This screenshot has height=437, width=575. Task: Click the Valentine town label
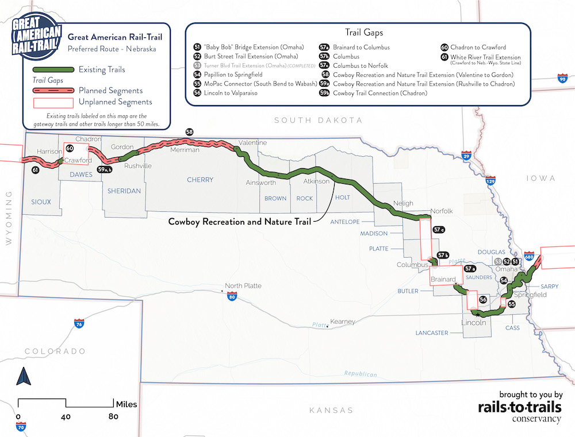click(252, 142)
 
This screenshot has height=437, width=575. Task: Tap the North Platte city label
click(243, 286)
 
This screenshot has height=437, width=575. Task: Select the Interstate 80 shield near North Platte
click(232, 297)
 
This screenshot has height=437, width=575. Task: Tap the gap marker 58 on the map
click(189, 132)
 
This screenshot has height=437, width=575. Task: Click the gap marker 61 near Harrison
click(36, 171)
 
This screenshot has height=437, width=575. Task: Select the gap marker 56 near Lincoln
click(483, 300)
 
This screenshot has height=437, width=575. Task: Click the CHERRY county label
click(200, 180)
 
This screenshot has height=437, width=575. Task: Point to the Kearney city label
click(343, 322)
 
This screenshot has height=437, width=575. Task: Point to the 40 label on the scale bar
click(66, 416)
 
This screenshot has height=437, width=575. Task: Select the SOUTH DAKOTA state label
click(318, 120)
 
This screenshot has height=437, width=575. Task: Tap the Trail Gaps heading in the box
click(363, 33)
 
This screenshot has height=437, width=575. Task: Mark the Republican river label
click(361, 374)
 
